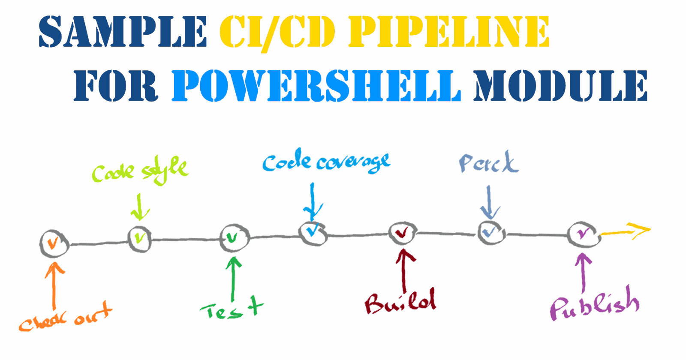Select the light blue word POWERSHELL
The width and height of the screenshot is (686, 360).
tap(316, 86)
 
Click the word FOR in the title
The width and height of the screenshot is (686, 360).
tap(116, 86)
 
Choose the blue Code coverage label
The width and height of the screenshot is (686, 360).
tap(326, 162)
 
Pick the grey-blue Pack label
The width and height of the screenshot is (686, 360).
tap(489, 163)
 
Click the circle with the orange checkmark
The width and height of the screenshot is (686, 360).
tap(54, 243)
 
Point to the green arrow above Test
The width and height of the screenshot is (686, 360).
tap(233, 279)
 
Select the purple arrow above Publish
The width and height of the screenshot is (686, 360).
tap(583, 272)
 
